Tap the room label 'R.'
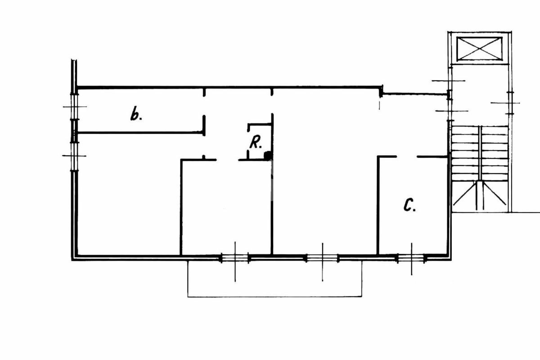pyautogui.click(x=256, y=144)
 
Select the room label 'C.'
pyautogui.click(x=409, y=206)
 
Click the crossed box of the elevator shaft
pyautogui.click(x=479, y=49)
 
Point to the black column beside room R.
pyautogui.click(x=268, y=156)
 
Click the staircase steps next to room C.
pyautogui.click(x=480, y=153)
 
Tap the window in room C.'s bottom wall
pyautogui.click(x=411, y=258)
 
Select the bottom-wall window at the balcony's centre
pyautogui.click(x=322, y=258)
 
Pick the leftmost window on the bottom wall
pyautogui.click(x=235, y=258)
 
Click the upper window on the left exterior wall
pyautogui.click(x=74, y=107)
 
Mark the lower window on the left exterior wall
pyautogui.click(x=74, y=156)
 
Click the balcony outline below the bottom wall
pyautogui.click(x=274, y=296)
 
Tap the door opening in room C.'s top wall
pyautogui.click(x=407, y=157)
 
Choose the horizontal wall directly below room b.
pyautogui.click(x=139, y=132)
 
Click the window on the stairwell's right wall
pyautogui.click(x=509, y=103)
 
